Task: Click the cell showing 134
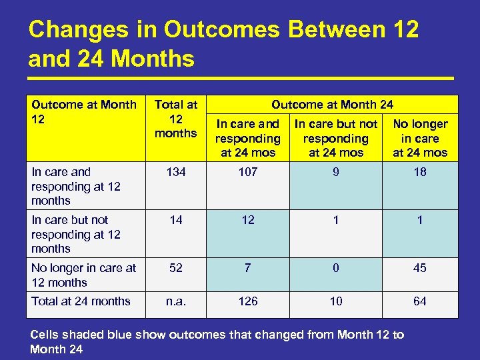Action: [176, 173]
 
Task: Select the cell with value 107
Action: [248, 173]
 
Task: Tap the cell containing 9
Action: [336, 173]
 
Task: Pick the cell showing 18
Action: [420, 173]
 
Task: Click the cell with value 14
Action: [176, 221]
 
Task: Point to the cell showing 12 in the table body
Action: [248, 221]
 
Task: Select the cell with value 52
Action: [176, 268]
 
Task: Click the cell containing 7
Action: [248, 268]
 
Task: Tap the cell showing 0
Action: [336, 268]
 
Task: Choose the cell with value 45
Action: [420, 268]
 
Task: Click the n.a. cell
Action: [176, 301]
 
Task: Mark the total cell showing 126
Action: [248, 301]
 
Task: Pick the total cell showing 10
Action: [336, 301]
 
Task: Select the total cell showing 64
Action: [420, 301]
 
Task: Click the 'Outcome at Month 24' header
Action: [333, 105]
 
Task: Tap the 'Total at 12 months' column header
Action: [176, 119]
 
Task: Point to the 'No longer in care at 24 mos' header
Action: [420, 138]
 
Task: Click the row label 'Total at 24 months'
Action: [81, 301]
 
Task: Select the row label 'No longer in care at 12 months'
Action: [83, 275]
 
